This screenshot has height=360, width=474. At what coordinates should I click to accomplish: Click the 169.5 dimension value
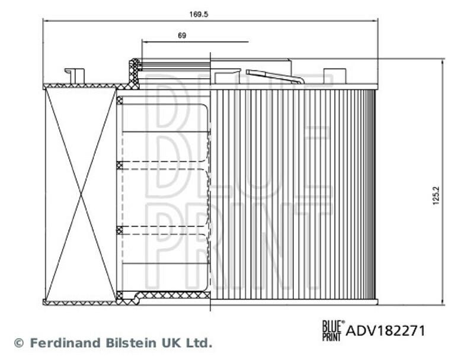[198, 14]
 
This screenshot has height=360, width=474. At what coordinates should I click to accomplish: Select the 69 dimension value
[182, 36]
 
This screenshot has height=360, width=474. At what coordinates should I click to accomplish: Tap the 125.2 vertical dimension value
[435, 196]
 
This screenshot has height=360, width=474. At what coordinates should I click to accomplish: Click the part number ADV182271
[386, 331]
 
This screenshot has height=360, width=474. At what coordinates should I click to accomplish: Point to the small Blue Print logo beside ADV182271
[334, 331]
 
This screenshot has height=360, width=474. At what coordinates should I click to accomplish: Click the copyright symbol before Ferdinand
[19, 343]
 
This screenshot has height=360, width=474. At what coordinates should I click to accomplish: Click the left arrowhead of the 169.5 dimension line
[46, 21]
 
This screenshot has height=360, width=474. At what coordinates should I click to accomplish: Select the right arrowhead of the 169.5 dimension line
[376, 21]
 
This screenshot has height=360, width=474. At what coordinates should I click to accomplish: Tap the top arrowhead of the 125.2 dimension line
[443, 62]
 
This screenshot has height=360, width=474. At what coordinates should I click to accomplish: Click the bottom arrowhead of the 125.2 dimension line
[443, 302]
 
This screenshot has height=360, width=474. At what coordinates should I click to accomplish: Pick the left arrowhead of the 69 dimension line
[145, 41]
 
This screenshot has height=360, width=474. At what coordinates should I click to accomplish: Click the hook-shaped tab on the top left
[75, 76]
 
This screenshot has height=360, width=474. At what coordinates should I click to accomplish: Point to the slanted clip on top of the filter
[275, 76]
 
